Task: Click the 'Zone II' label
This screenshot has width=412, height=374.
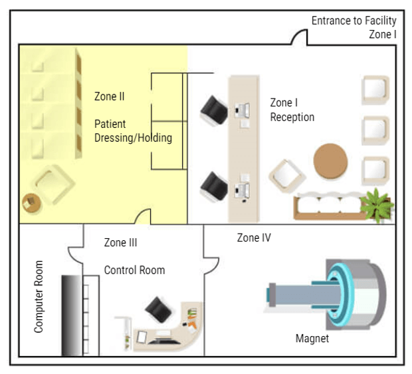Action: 109,96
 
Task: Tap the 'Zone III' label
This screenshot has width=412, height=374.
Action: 120,243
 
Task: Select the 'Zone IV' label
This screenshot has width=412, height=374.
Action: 254,238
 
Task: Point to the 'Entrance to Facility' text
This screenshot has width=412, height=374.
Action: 354,21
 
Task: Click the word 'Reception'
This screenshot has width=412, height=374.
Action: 292,117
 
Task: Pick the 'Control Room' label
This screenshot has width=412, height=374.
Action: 134,270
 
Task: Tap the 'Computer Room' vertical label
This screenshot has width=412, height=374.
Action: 39,297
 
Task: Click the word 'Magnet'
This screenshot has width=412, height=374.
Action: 312,339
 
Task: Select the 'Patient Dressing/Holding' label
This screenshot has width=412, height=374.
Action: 133,131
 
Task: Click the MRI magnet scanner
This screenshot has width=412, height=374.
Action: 332,293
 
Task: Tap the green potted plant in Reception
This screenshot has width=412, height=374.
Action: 377,203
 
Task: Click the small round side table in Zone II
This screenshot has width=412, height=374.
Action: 31,202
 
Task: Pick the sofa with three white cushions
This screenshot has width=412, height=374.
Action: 329,205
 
